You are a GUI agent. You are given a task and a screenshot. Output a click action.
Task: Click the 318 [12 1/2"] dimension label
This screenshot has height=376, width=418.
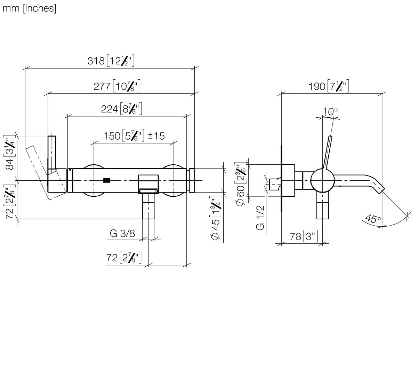[111, 61]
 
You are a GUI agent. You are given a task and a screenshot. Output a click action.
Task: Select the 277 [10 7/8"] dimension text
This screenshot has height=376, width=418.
[117, 86]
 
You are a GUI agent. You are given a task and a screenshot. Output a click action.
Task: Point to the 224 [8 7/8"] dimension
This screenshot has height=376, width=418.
[121, 109]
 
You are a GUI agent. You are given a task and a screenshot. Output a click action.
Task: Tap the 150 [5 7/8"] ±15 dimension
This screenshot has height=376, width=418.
[134, 135]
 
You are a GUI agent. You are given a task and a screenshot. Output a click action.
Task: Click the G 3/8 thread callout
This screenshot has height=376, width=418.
[122, 234]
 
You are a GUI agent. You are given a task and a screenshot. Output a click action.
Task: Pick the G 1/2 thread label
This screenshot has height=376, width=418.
[260, 218]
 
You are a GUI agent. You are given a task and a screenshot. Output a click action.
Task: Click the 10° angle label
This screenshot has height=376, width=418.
[330, 112]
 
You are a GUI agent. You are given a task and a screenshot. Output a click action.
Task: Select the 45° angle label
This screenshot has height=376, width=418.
[373, 219]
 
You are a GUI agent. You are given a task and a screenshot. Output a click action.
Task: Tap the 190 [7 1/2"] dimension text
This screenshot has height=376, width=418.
[328, 86]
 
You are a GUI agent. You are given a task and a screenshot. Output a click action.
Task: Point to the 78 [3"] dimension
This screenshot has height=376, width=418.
[304, 237]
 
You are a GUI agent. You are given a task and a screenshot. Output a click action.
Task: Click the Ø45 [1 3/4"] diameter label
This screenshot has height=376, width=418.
[216, 221]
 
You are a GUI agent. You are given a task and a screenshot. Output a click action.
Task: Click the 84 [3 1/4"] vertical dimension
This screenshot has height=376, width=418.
[11, 152]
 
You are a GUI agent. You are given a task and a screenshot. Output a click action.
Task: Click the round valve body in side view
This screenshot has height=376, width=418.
[322, 180]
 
